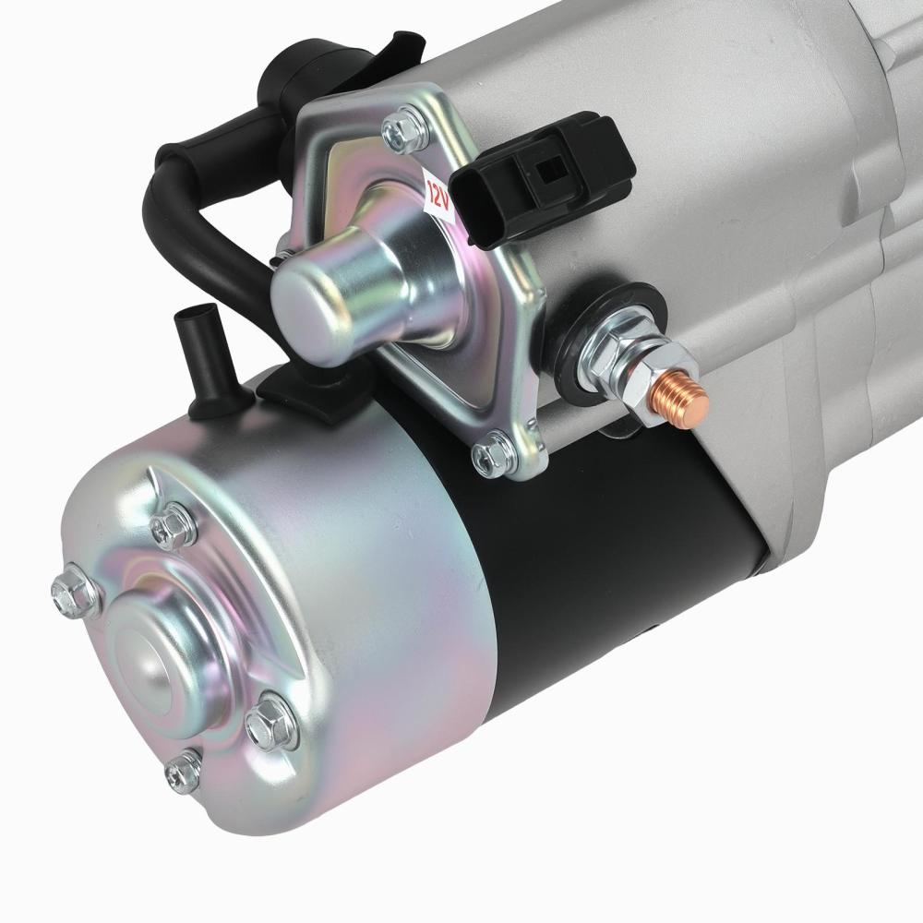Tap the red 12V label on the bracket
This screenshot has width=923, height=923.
[437, 191]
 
